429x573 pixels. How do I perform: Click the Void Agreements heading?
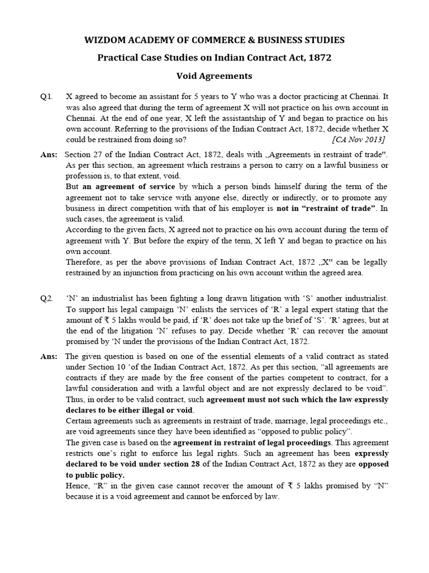tap(214, 76)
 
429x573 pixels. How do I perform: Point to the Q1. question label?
tap(46, 96)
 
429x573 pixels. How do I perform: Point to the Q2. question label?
tap(46, 299)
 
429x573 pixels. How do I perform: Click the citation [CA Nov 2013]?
tap(358, 139)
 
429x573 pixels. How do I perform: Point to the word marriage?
tap(271, 421)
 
